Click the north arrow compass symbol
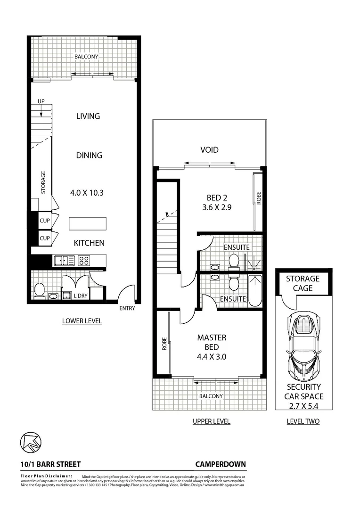tap(31, 442)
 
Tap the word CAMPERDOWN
tap(221, 464)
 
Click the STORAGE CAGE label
tap(303, 283)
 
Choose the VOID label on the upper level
tap(209, 150)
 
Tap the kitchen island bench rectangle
tap(88, 223)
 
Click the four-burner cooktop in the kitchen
tap(84, 260)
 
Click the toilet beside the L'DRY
tap(40, 289)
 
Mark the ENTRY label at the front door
tap(127, 308)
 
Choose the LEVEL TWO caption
tap(303, 421)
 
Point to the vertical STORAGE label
tap(43, 183)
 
